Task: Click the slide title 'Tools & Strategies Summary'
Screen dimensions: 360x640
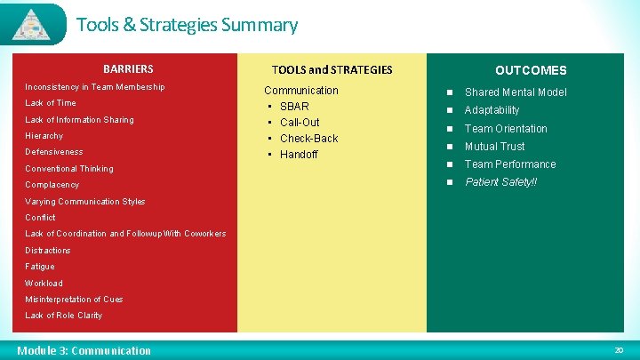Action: click(187, 25)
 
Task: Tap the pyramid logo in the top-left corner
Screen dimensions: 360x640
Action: click(34, 24)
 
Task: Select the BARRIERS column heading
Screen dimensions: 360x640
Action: click(128, 69)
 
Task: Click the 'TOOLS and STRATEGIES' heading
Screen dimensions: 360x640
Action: click(332, 70)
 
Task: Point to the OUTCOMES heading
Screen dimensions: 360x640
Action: click(530, 70)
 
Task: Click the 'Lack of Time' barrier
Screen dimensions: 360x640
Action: click(51, 103)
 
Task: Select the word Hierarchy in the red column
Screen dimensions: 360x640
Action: click(44, 136)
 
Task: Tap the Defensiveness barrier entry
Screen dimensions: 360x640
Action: click(54, 152)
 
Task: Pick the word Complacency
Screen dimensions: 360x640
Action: click(52, 185)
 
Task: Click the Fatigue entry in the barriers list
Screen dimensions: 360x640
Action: click(40, 267)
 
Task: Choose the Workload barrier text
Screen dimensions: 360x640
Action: click(44, 283)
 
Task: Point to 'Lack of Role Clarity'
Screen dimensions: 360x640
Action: click(64, 316)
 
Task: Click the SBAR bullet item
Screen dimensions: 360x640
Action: click(294, 107)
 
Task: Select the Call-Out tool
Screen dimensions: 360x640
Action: click(300, 123)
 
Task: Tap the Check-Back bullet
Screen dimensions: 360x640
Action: click(308, 139)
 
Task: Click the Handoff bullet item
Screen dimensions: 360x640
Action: click(299, 155)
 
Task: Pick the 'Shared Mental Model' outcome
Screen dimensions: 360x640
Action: click(516, 92)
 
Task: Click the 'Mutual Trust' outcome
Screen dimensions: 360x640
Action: click(494, 147)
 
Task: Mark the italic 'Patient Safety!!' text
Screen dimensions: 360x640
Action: click(500, 182)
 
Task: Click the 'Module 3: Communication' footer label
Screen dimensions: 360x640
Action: click(84, 350)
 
